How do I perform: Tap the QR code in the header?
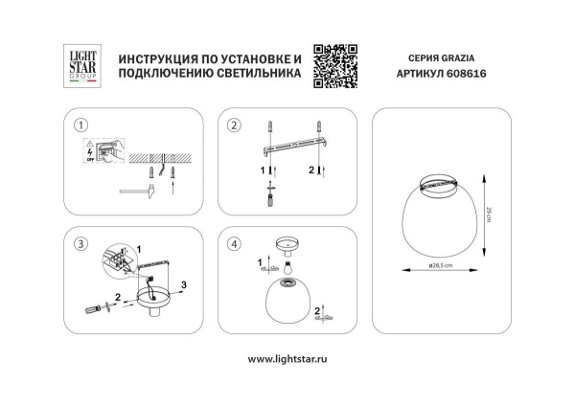[335, 64]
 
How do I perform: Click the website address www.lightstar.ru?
[287, 358]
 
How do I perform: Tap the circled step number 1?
[81, 125]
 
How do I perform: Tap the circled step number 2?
[233, 125]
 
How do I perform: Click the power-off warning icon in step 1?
[92, 152]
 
